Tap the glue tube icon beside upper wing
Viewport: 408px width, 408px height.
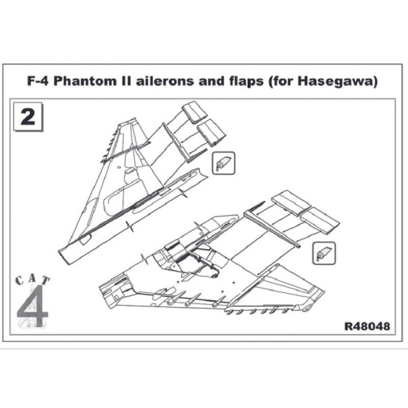[x=223, y=162]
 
